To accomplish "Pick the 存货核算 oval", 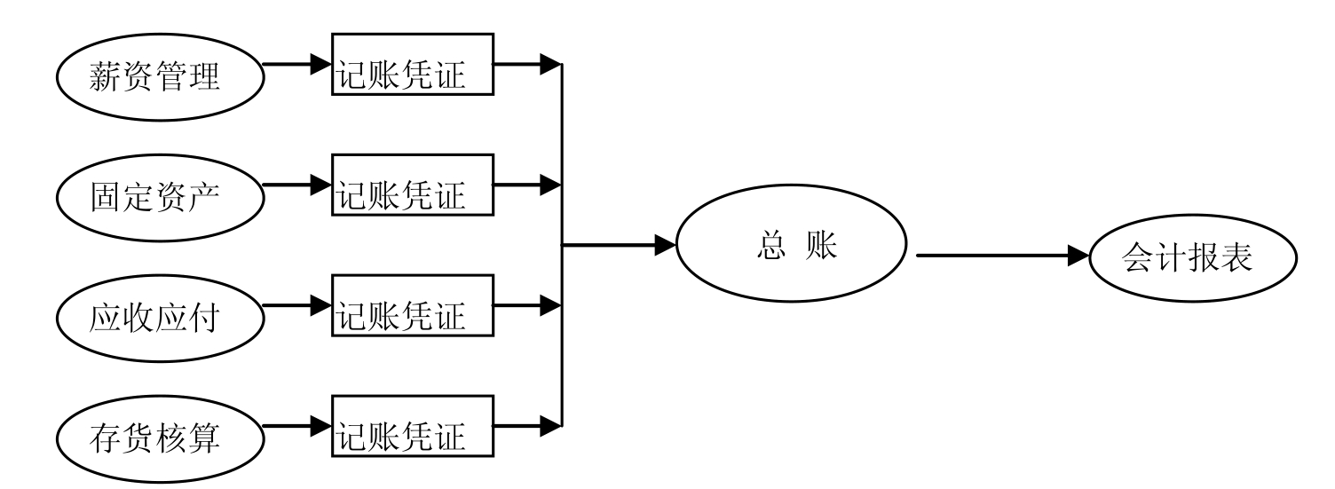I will click(162, 438).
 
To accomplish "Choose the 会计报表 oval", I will click(1194, 258).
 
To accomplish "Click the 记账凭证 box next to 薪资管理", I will click(412, 64).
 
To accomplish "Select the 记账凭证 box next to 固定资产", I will click(412, 185).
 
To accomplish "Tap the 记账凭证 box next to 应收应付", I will click(412, 304).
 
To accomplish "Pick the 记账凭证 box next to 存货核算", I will click(412, 425).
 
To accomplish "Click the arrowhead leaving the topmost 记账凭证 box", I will click(550, 64).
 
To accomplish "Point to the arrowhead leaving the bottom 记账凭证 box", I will click(550, 426).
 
